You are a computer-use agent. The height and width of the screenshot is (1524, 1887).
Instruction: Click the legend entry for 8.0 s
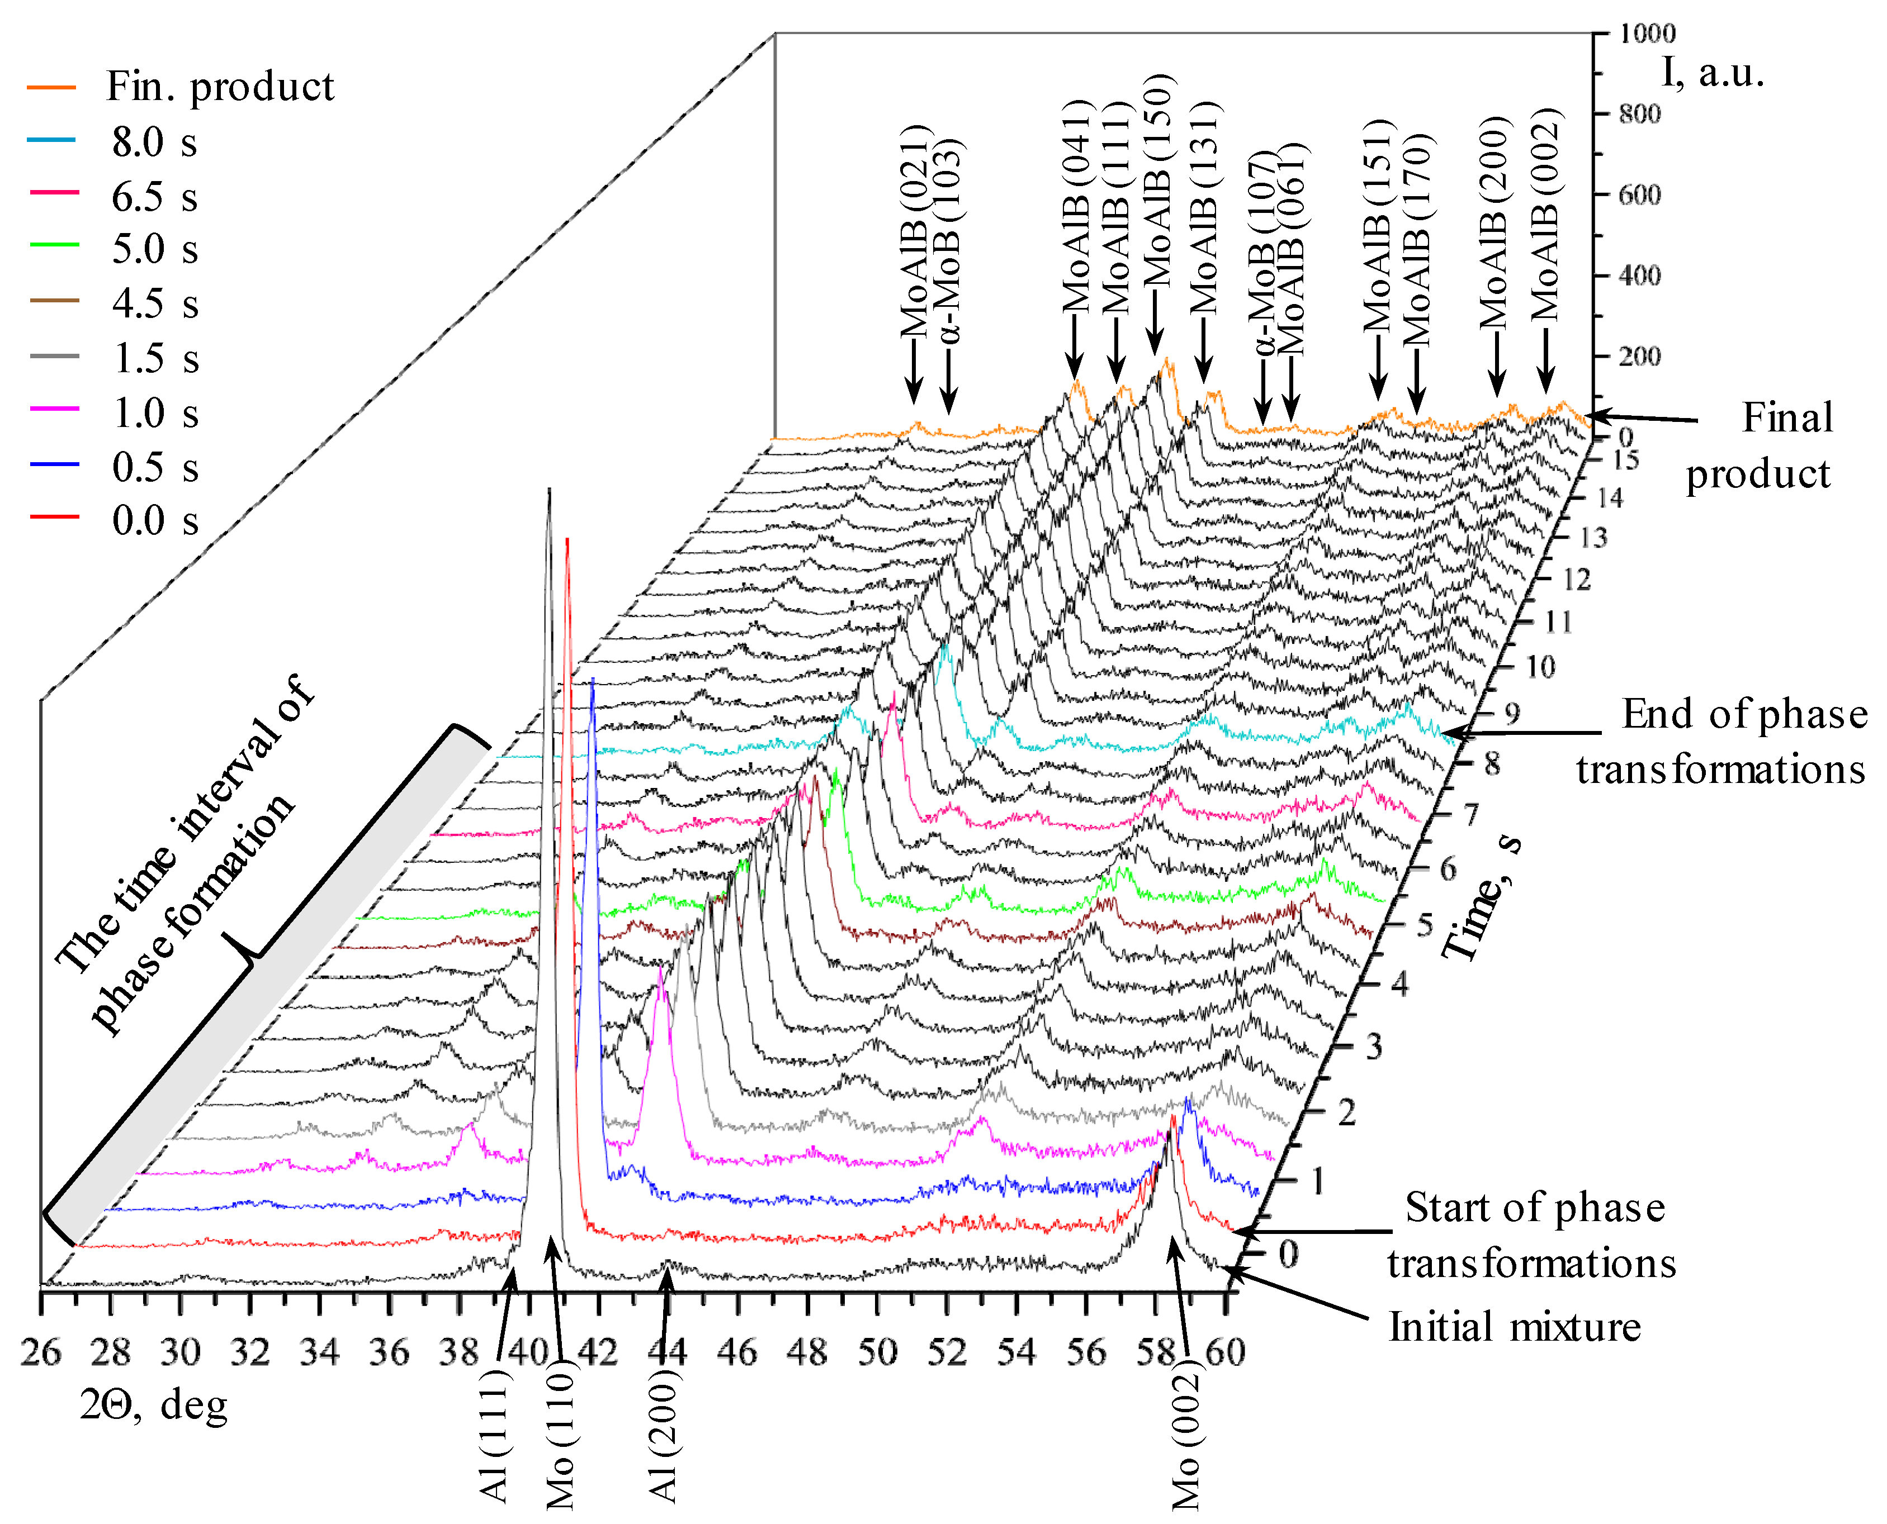(154, 141)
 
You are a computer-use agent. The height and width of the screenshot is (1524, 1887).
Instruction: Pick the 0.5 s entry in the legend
(154, 467)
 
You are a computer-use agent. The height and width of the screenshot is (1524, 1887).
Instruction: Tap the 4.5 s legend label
(154, 304)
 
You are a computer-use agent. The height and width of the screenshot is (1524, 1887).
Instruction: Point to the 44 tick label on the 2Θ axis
(666, 1353)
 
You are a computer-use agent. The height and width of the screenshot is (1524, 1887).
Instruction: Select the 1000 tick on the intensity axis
(1647, 34)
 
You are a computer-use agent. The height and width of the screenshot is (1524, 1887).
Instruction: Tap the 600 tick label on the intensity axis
(1639, 194)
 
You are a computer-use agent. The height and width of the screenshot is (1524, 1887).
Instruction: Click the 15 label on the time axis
(1625, 459)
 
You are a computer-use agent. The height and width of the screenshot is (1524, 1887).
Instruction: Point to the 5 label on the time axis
(1424, 924)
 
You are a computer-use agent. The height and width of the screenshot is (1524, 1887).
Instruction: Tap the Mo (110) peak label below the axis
(560, 1439)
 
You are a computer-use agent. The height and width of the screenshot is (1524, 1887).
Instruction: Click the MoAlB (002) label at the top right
(1545, 215)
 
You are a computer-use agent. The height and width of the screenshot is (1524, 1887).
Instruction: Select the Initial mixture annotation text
(1515, 1327)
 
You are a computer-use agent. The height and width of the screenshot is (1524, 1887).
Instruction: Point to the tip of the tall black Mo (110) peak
(549, 490)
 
